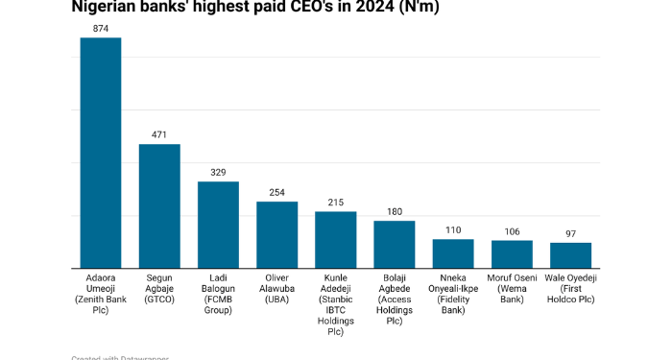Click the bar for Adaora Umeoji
pyautogui.click(x=100, y=153)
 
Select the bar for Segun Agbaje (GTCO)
pyautogui.click(x=159, y=205)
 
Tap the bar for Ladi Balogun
pyautogui.click(x=218, y=225)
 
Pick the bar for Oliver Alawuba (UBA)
pyautogui.click(x=276, y=234)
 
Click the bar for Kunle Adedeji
pyautogui.click(x=335, y=239)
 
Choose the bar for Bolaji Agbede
pyautogui.click(x=395, y=244)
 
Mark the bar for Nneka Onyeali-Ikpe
pyautogui.click(x=453, y=253)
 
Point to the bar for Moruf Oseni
pyautogui.click(x=512, y=253)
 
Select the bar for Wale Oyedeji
pyautogui.click(x=570, y=254)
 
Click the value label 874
pyautogui.click(x=100, y=29)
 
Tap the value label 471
pyautogui.click(x=159, y=134)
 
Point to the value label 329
pyautogui.click(x=218, y=172)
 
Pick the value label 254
pyautogui.click(x=276, y=192)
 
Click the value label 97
pyautogui.click(x=570, y=233)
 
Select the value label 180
pyautogui.click(x=395, y=211)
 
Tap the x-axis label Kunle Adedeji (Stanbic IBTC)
pyautogui.click(x=335, y=304)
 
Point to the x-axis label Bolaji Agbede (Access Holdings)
pyautogui.click(x=395, y=299)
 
